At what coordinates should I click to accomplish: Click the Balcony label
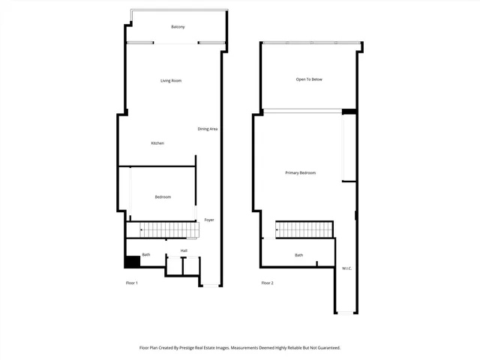178,27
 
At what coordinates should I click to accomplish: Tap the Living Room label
171,81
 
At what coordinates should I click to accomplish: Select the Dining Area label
208,129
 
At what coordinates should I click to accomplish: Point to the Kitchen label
157,143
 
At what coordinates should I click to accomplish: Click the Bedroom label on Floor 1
163,197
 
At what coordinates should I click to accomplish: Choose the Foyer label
209,220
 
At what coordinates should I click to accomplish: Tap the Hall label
184,250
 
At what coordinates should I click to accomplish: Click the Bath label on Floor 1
146,255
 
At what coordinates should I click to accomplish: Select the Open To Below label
309,79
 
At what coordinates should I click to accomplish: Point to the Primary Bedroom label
300,173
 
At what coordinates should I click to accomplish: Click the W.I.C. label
347,268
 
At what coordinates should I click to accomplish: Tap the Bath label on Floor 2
298,255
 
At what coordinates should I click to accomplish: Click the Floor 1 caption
131,283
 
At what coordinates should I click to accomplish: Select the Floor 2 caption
267,283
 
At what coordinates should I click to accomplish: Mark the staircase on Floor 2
304,229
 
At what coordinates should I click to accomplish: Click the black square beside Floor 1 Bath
131,262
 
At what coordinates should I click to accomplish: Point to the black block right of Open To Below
349,112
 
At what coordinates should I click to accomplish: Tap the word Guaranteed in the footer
326,348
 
